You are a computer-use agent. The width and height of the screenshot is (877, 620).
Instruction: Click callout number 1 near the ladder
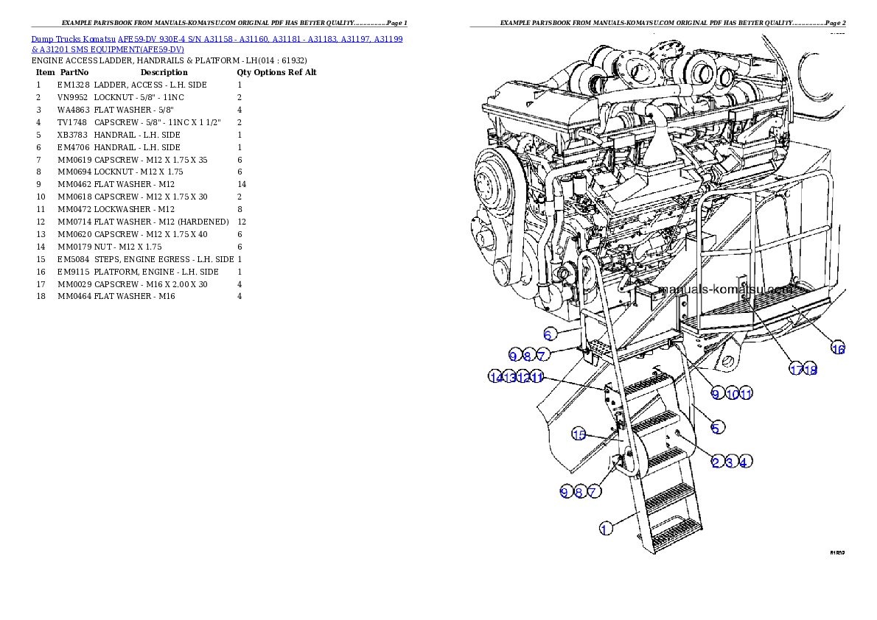[x=605, y=528]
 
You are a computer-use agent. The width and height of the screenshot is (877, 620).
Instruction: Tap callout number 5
[x=716, y=426]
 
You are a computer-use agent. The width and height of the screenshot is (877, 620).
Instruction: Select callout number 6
[x=548, y=334]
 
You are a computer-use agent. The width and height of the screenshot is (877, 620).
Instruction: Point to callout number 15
[x=579, y=434]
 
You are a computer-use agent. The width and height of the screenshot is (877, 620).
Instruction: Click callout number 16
[x=838, y=348]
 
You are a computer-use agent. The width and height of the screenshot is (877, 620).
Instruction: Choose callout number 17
[x=796, y=370]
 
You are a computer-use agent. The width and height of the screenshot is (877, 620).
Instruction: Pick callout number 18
[x=811, y=370]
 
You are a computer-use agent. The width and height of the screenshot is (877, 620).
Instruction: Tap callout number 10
[x=732, y=394]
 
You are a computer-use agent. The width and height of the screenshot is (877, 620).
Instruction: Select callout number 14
[x=495, y=377]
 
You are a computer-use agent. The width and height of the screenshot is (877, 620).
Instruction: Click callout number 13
[x=509, y=377]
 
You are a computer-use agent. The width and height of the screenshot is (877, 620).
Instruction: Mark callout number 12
[x=523, y=377]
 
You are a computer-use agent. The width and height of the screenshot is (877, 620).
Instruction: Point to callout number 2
[x=716, y=462]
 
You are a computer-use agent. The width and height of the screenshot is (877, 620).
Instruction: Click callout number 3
[x=730, y=462]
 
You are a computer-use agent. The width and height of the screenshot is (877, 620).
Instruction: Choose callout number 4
[x=744, y=462]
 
